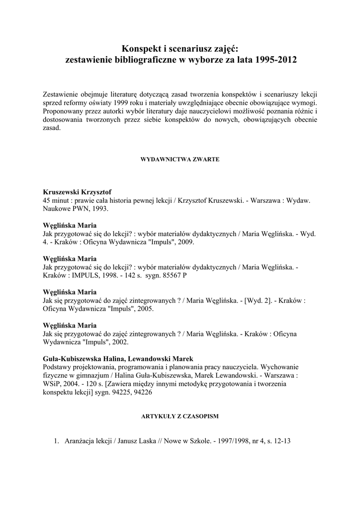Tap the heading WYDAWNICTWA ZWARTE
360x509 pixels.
(x=180, y=160)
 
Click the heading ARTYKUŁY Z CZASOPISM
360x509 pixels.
(x=180, y=416)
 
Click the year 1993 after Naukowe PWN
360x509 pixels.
(x=97, y=209)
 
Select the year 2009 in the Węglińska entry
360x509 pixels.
(x=184, y=243)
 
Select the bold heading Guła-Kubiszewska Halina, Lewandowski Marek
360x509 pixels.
(x=119, y=359)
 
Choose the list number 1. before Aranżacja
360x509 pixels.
(x=56, y=440)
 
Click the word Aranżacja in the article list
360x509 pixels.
(x=81, y=440)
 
